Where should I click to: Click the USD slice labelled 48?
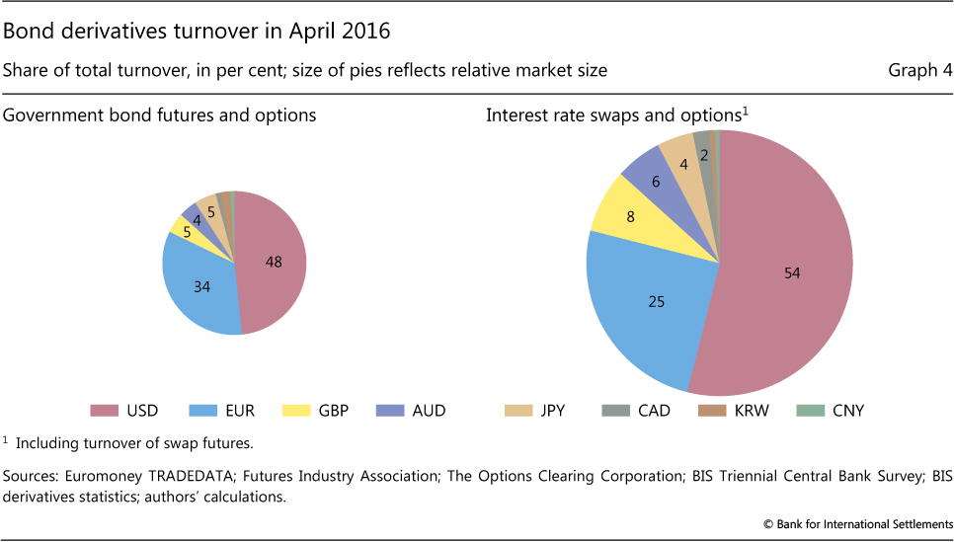[x=272, y=262]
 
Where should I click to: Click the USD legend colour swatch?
[x=106, y=410]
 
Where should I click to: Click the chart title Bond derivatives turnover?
[x=198, y=31]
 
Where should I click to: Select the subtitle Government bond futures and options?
[x=160, y=116]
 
